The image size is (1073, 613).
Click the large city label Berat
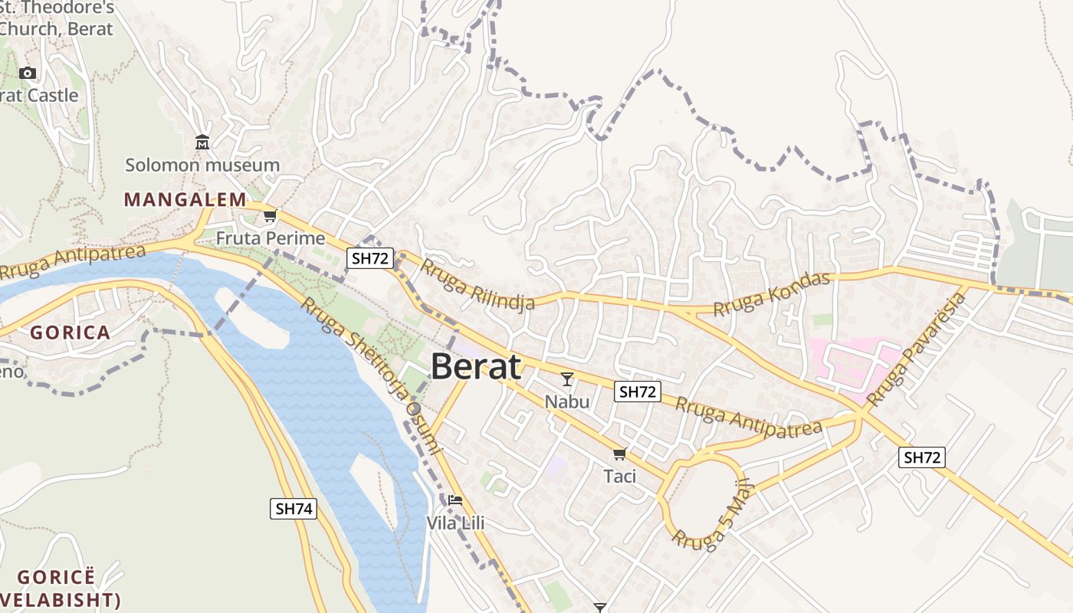click(476, 367)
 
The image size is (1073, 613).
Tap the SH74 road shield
click(294, 508)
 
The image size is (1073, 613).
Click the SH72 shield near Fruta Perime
click(370, 258)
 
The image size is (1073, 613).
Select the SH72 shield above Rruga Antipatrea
click(638, 392)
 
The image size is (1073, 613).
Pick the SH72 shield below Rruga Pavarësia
click(922, 457)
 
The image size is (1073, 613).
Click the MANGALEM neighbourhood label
click(185, 200)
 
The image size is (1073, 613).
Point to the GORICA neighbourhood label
click(71, 333)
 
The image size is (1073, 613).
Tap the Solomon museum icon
click(202, 143)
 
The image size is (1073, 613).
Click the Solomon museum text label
click(202, 165)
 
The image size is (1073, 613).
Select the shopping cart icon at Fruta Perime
click(270, 216)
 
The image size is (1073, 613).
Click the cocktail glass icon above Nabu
click(567, 379)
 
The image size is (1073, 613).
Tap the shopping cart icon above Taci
click(620, 454)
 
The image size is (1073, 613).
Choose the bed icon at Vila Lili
click(455, 500)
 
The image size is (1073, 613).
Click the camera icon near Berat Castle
click(28, 73)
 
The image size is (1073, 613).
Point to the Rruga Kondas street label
click(772, 294)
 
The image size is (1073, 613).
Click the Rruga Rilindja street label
click(477, 284)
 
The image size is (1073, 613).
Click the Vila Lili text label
click(455, 523)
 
